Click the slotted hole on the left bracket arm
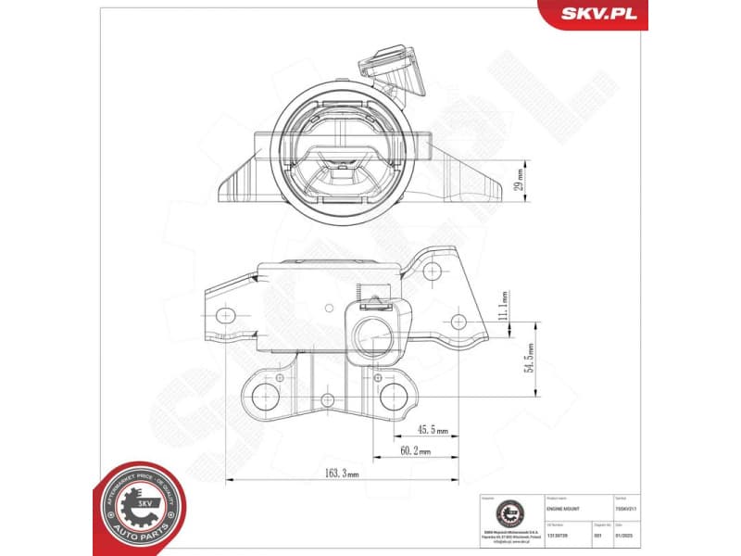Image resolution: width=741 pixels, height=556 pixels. [223, 316]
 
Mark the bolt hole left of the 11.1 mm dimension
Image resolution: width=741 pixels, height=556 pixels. [458, 322]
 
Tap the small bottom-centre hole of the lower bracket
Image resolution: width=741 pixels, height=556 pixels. [327, 399]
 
